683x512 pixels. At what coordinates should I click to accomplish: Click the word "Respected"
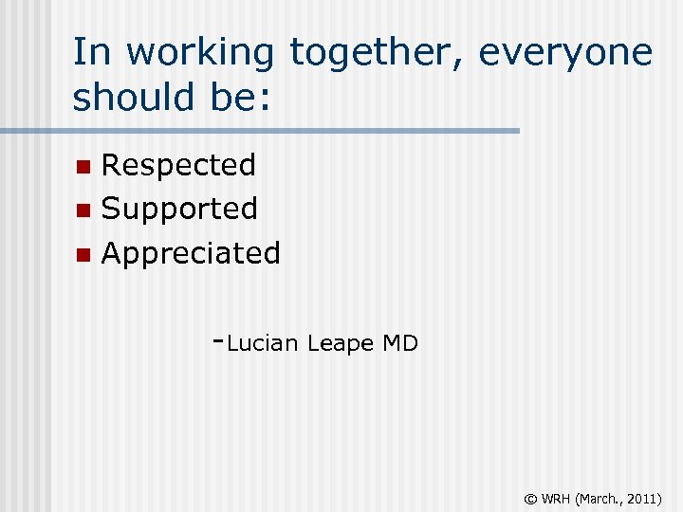pos(178,166)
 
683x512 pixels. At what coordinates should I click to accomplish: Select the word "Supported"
pos(179,210)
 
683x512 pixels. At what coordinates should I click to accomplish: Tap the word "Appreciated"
pos(191,254)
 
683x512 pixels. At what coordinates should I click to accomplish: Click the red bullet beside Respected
pos(83,167)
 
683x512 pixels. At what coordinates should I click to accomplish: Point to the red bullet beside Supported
pos(83,210)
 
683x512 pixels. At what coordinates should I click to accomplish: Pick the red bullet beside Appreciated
pos(83,254)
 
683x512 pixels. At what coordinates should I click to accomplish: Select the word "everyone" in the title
pos(565,52)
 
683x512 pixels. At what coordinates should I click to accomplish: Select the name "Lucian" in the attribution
pos(263,344)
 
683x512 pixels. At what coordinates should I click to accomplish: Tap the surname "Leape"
pos(341,344)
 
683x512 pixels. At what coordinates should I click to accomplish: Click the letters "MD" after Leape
pos(400,343)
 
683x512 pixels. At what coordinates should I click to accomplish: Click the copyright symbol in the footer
pos(531,497)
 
